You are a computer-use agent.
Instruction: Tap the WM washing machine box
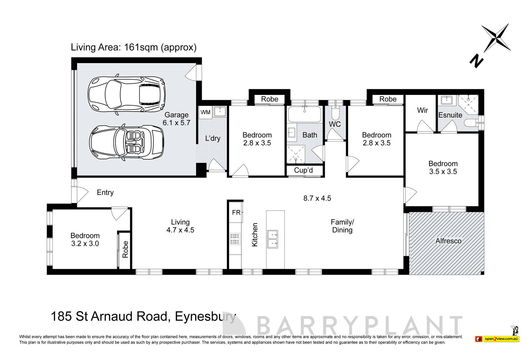coord(205,112)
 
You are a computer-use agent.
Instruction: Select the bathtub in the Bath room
coord(304,114)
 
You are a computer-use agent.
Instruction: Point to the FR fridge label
coord(236,213)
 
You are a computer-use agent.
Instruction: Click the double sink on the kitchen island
coord(272,239)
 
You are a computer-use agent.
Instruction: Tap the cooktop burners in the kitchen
coord(235,239)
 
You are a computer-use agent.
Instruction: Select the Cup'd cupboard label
coord(303,170)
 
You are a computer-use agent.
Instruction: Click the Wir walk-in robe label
coord(422,110)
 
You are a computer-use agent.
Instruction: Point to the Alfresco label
coord(448,241)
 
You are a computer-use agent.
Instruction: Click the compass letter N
coord(476,61)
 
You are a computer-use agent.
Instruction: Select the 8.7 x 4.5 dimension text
coord(317,198)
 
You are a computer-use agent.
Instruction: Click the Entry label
coord(105,192)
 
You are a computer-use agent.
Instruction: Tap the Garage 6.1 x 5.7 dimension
coord(176,122)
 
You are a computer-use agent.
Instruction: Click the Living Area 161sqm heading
coord(133,47)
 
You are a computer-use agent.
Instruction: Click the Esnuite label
coord(450,115)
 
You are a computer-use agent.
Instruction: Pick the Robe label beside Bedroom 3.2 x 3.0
coord(125,249)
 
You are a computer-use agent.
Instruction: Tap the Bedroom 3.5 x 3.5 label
coord(443,168)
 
